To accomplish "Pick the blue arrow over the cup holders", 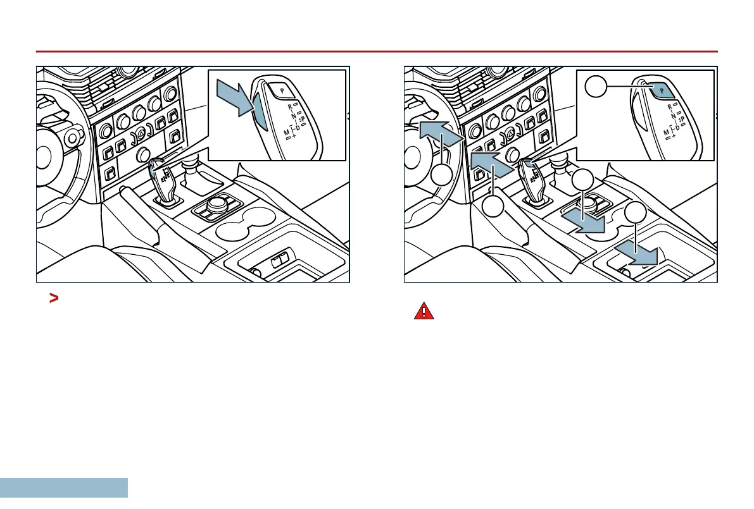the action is (583, 221).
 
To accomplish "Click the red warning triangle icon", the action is (424, 311).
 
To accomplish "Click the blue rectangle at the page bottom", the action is (63, 488).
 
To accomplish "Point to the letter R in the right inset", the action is (670, 107).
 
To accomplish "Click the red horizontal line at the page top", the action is (377, 51).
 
